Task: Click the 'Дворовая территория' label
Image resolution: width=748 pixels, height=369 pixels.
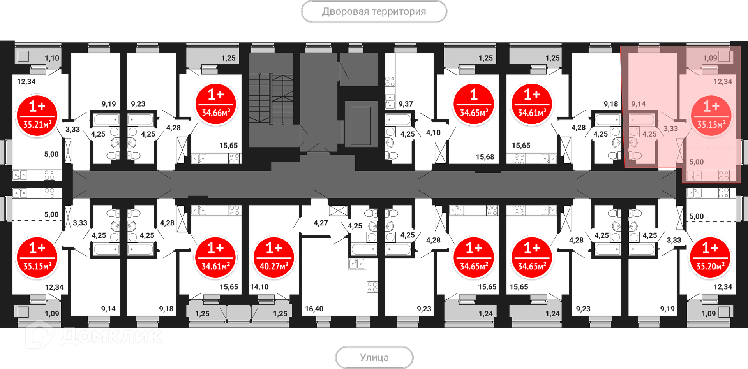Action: (374, 12)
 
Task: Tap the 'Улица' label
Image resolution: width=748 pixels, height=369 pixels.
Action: (374, 357)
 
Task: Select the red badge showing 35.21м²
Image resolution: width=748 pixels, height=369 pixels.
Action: (37, 116)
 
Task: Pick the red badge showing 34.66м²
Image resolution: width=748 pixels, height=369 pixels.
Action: (215, 104)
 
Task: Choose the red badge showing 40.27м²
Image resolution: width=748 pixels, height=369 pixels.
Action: (273, 258)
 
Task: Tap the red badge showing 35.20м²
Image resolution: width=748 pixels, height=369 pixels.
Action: (710, 258)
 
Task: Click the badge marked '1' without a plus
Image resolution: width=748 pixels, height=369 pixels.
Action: (474, 104)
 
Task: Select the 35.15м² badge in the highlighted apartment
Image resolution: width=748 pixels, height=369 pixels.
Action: (711, 116)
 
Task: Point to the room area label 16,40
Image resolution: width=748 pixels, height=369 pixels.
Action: (314, 309)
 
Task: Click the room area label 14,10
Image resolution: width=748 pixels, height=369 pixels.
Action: (259, 287)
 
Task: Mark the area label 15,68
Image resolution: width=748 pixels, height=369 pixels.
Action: (485, 157)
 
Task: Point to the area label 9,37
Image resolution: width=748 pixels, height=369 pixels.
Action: (406, 104)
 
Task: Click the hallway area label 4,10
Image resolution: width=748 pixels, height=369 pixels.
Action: (433, 133)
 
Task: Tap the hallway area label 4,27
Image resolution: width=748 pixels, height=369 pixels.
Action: (321, 223)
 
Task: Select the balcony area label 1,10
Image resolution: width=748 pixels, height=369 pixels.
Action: (52, 58)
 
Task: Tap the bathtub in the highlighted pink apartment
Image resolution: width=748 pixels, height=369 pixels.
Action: (642, 119)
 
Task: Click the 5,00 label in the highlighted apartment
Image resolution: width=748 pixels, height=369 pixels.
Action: (697, 162)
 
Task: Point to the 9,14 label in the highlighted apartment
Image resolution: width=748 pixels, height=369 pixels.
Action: (639, 104)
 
